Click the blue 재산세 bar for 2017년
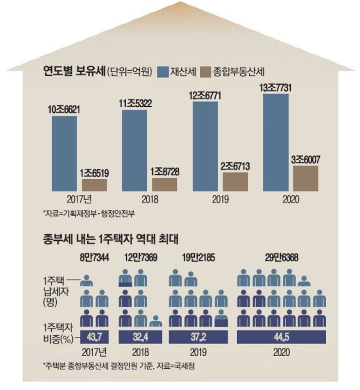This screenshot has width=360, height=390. pyautogui.click(x=64, y=153)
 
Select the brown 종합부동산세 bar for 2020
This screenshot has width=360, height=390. pyautogui.click(x=306, y=178)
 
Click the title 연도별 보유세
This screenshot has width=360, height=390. pyautogui.click(x=73, y=72)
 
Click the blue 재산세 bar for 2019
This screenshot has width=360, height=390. pyautogui.click(x=205, y=146)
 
